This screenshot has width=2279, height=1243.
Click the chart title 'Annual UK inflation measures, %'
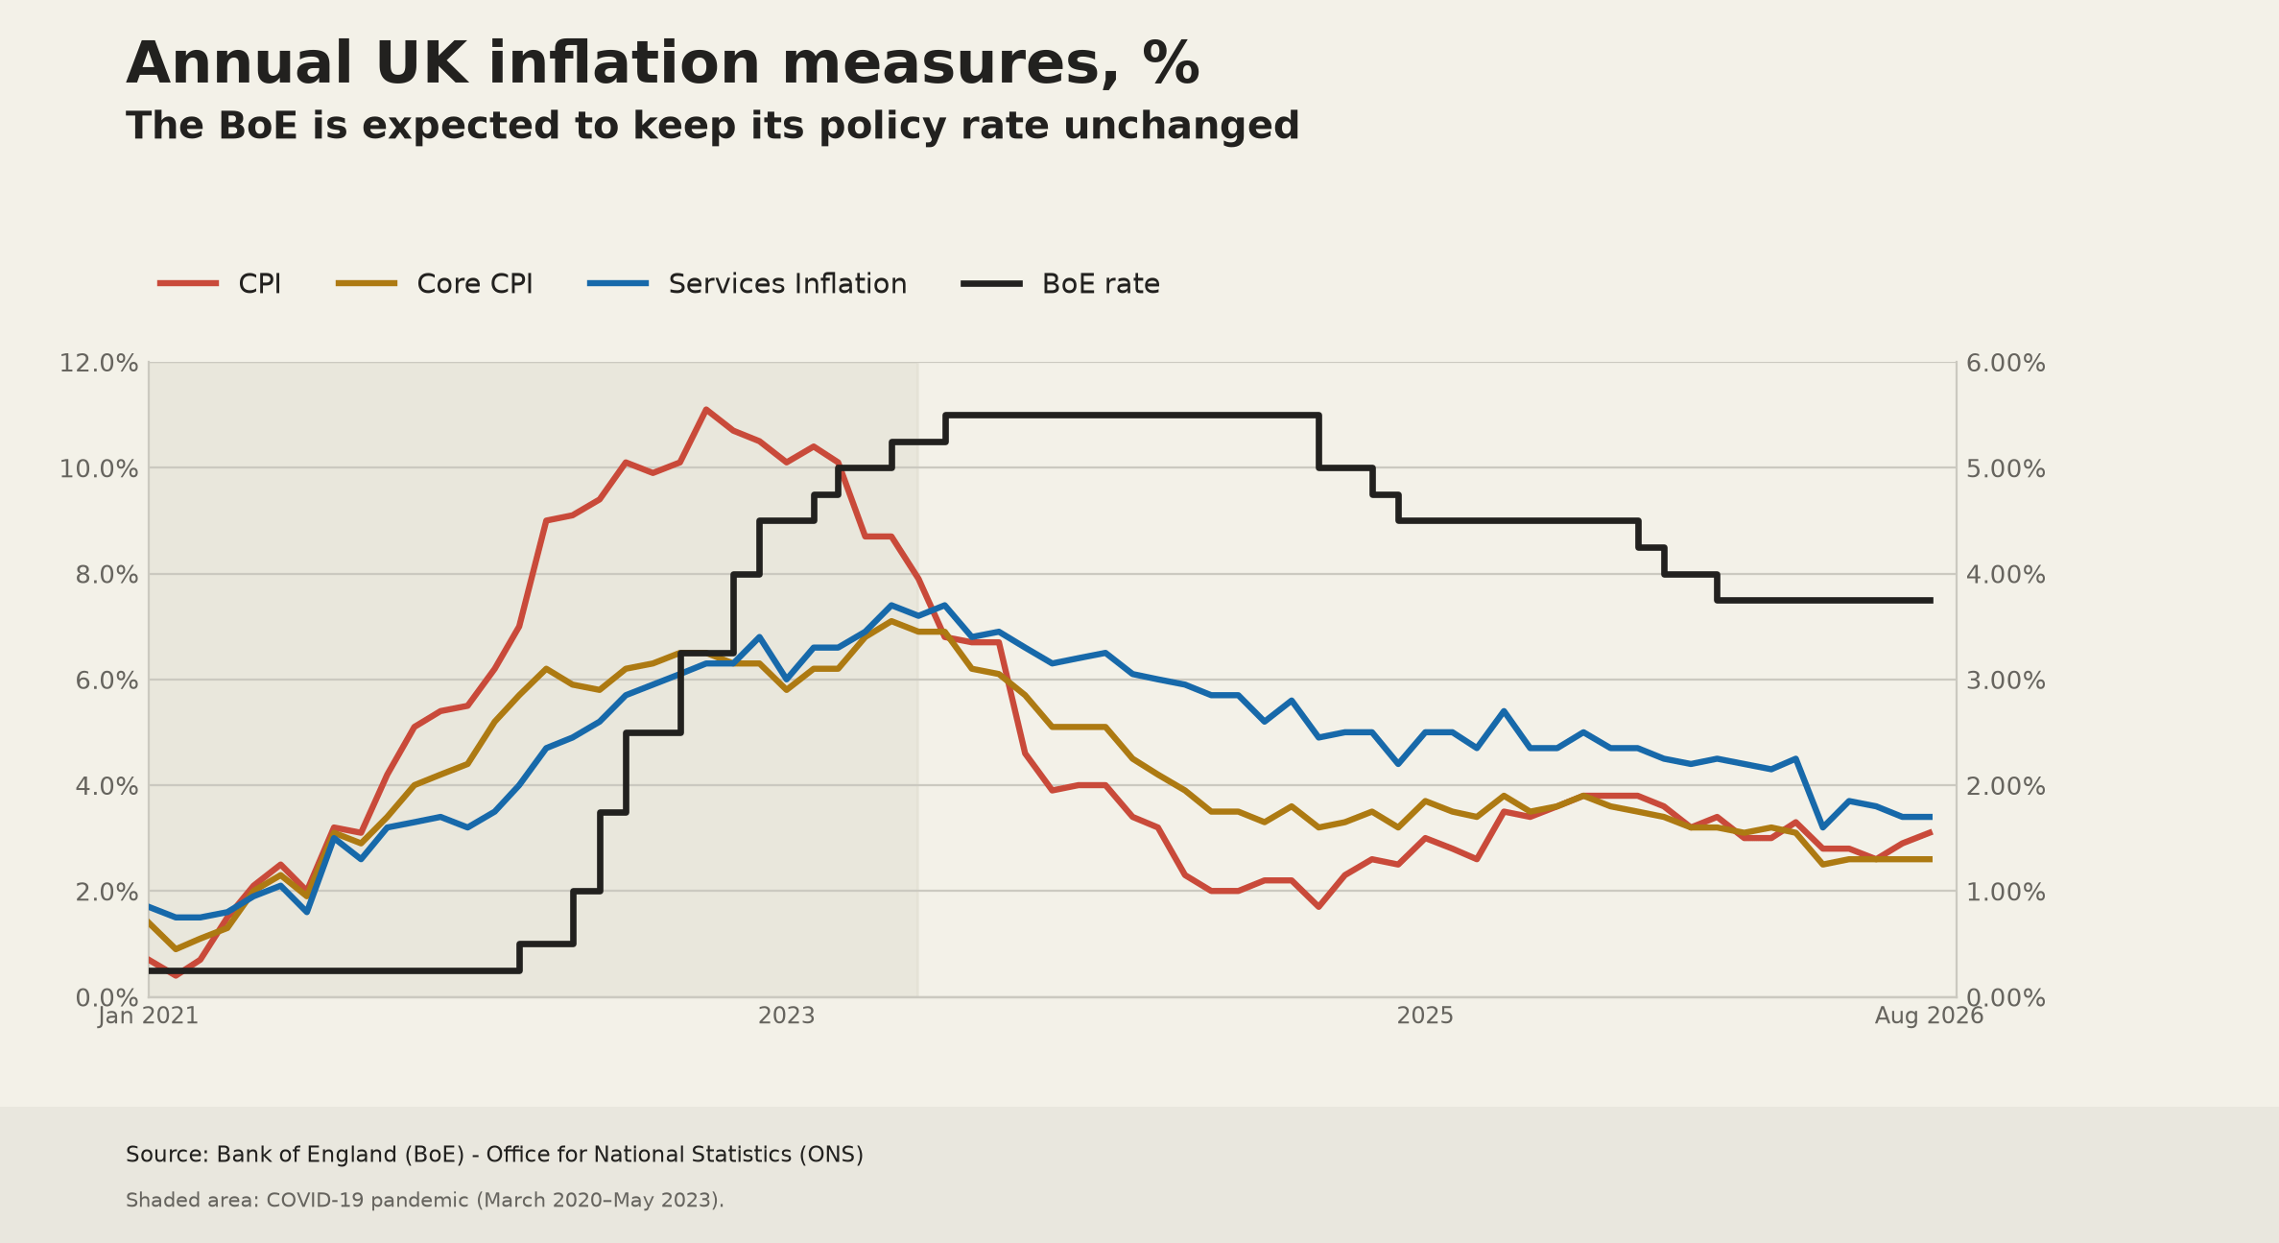click(662, 64)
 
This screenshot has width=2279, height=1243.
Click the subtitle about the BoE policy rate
click(712, 126)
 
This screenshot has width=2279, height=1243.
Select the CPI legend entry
click(220, 284)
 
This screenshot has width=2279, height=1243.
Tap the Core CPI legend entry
click(435, 284)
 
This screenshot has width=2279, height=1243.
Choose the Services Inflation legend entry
click(748, 284)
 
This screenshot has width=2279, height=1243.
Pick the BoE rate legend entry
click(1061, 284)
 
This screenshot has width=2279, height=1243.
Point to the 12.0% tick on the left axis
click(99, 364)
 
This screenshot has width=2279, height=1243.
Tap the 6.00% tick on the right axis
click(2006, 364)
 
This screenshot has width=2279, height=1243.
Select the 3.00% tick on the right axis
click(2006, 681)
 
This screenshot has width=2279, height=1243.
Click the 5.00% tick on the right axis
click(2006, 469)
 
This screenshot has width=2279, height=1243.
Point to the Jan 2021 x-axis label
click(149, 1016)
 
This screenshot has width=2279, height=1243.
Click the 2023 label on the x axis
click(787, 1016)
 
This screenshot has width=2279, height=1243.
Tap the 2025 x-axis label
click(1426, 1016)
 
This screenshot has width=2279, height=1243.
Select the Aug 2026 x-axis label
click(1930, 1016)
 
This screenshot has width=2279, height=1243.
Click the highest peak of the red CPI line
click(705, 410)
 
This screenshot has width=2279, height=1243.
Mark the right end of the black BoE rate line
click(1932, 601)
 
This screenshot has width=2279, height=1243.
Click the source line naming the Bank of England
click(494, 1155)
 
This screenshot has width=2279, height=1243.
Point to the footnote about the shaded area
click(425, 1201)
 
